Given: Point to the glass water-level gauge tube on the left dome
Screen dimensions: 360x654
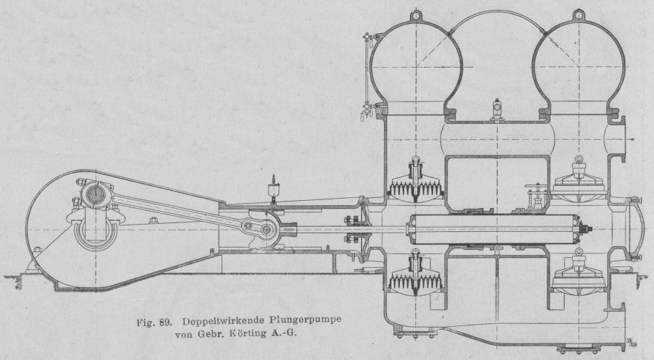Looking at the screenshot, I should pos(367,72).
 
